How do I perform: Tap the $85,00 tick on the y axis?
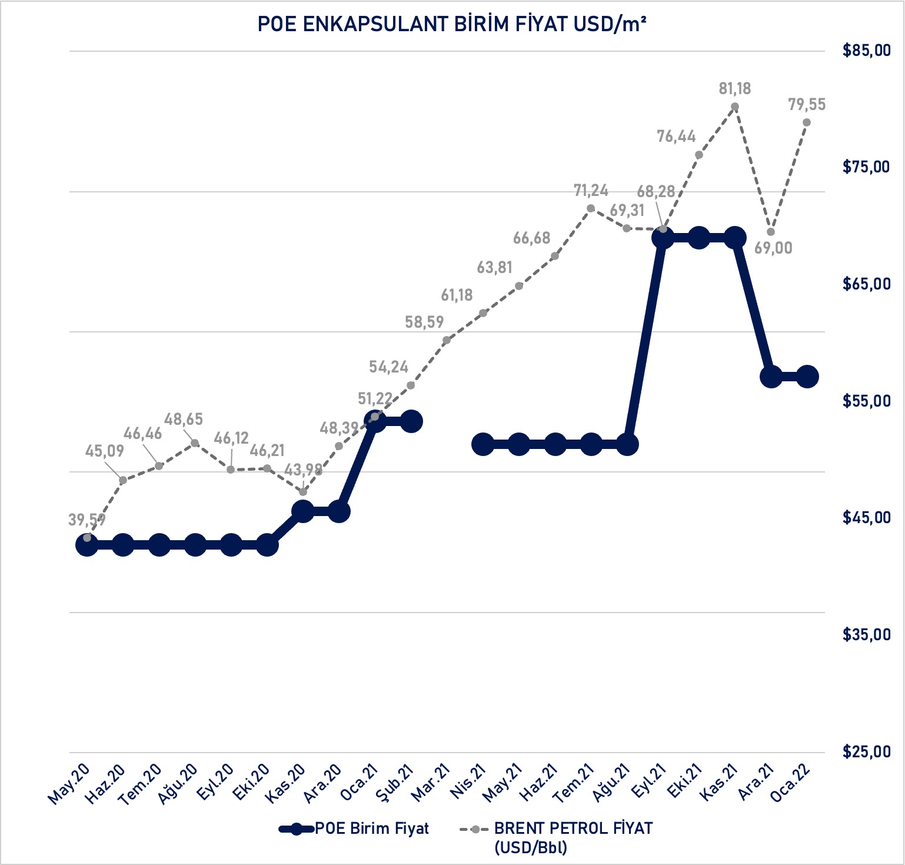click(x=866, y=51)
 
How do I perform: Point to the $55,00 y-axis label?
click(x=866, y=401)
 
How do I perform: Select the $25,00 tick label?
click(x=866, y=752)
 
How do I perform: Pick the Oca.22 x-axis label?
click(x=792, y=784)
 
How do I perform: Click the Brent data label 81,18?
click(x=735, y=89)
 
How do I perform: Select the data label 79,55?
click(x=807, y=105)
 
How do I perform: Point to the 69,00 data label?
click(x=773, y=248)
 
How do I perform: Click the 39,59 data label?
click(x=87, y=520)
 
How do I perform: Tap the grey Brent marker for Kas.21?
click(x=735, y=107)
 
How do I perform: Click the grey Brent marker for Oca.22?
click(x=807, y=122)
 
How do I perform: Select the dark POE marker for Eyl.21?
click(x=663, y=238)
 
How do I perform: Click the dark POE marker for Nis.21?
click(x=483, y=445)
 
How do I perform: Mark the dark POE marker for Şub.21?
click(x=411, y=421)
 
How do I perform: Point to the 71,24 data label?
click(x=591, y=191)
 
